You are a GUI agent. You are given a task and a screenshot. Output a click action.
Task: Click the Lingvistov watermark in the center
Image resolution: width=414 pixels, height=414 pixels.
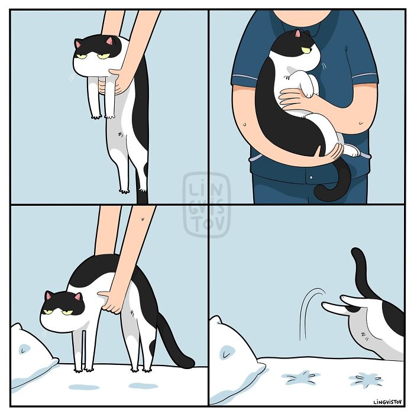coord(206,205)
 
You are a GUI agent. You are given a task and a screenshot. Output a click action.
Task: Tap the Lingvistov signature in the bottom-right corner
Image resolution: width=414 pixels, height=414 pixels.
coord(387,402)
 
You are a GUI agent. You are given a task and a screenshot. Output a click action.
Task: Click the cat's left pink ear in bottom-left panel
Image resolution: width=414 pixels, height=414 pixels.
coord(49,295)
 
